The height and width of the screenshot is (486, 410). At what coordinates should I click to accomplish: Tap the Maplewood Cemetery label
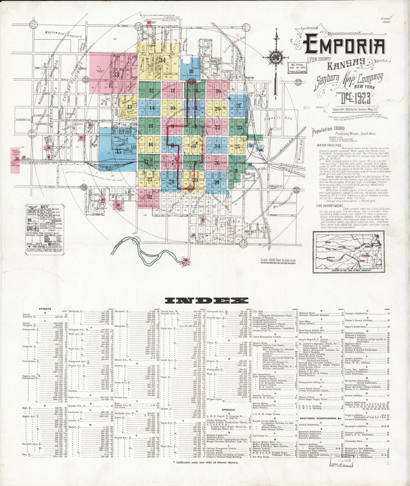(x=64, y=34)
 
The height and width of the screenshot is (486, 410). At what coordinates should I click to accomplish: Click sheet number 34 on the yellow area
(x=162, y=60)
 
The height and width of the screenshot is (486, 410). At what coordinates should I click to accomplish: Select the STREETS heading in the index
(x=45, y=309)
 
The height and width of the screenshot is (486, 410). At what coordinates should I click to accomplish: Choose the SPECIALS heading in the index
(x=228, y=417)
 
